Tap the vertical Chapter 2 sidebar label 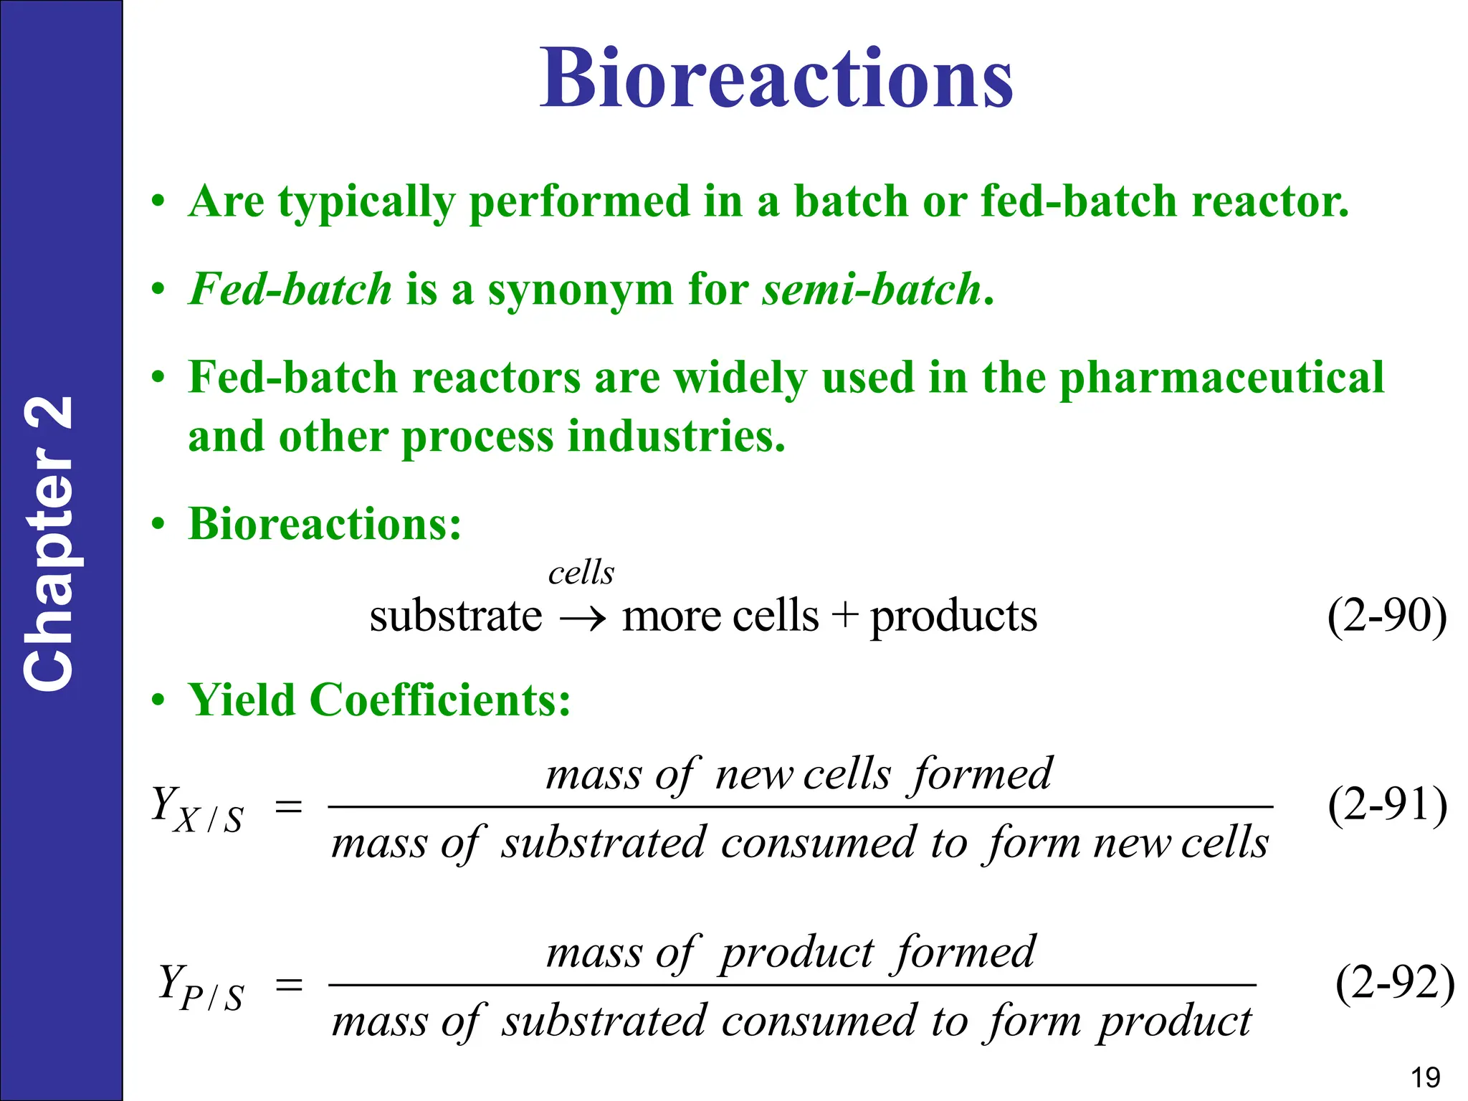click(x=49, y=543)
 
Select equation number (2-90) click(x=1386, y=615)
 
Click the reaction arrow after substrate click(x=582, y=618)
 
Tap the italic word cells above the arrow click(x=581, y=573)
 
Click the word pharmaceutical click(x=1221, y=378)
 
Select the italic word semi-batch click(x=871, y=290)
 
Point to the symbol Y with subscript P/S click(x=200, y=988)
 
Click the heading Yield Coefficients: click(x=378, y=700)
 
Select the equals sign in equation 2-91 click(x=289, y=808)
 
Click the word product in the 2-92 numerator click(x=796, y=954)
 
